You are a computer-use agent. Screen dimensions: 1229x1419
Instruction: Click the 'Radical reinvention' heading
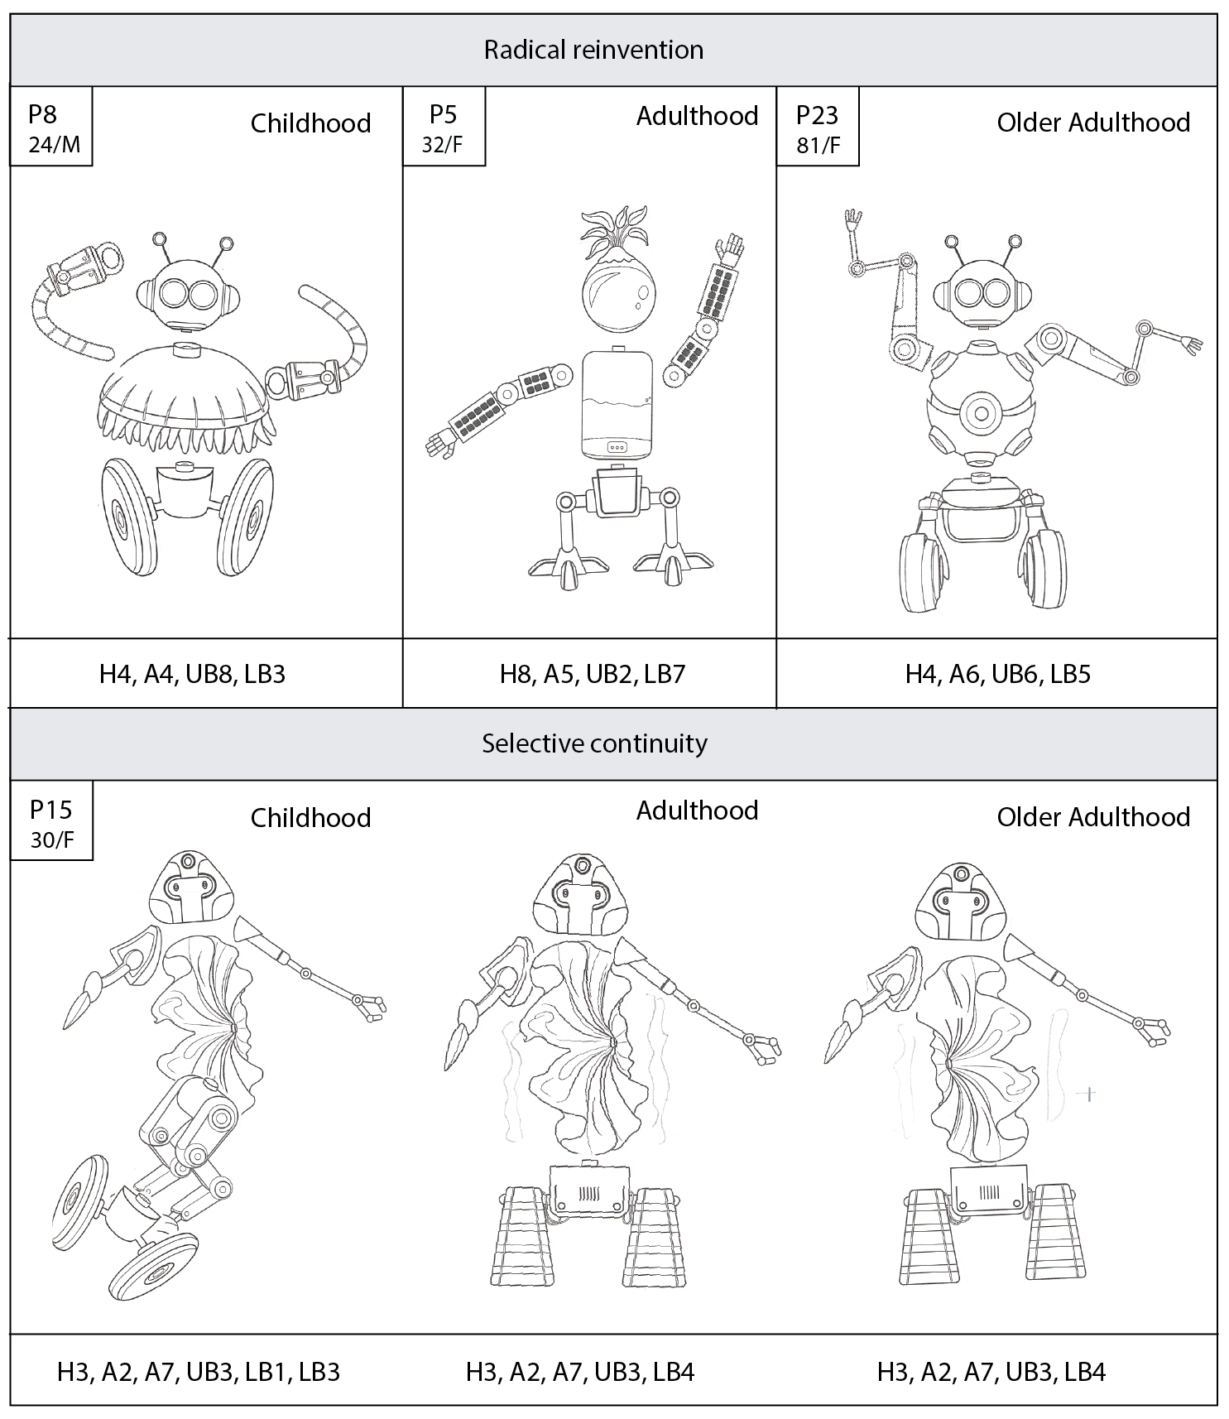593,50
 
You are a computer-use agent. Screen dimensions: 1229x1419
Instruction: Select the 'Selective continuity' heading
594,743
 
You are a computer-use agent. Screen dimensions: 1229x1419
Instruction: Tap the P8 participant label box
51,127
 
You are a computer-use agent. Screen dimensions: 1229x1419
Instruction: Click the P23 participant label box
818,127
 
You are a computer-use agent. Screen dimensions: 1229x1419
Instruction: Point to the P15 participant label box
51,821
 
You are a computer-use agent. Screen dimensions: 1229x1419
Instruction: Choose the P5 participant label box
444,127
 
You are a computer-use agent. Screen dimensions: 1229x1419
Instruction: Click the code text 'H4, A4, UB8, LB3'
192,674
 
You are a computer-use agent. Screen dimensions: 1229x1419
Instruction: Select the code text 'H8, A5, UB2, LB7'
593,674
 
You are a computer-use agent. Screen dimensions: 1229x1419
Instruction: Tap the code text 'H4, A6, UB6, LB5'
997,674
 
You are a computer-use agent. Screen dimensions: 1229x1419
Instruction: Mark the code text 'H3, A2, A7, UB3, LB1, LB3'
199,1372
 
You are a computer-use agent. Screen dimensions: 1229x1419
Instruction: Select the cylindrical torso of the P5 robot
617,403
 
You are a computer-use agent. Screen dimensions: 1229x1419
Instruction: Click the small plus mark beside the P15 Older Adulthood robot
1089,1094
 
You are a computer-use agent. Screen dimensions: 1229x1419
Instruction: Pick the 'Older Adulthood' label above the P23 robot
1093,123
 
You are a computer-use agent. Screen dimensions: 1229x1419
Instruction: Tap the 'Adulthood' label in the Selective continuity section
697,810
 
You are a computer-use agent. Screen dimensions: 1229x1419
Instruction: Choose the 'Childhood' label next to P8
310,123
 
